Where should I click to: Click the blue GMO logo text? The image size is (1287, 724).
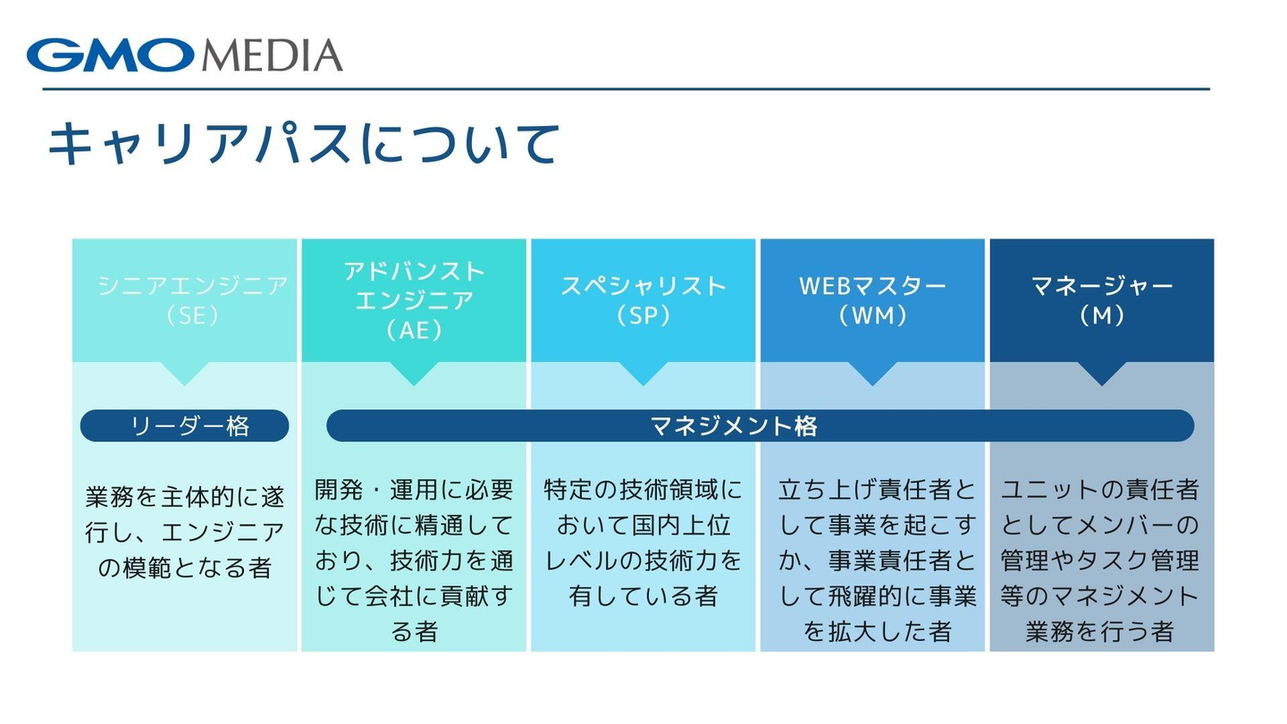[x=110, y=55]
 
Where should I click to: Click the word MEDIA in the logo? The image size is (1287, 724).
[x=272, y=55]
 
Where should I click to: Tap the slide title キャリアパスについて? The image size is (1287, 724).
[x=303, y=144]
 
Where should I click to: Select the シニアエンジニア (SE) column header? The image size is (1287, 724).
[x=192, y=300]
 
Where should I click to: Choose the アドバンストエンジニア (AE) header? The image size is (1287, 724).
[x=414, y=300]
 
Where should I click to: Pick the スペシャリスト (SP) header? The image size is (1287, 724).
[x=643, y=300]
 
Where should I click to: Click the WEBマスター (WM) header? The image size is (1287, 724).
[x=872, y=300]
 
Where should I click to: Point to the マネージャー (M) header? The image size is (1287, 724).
[x=1101, y=300]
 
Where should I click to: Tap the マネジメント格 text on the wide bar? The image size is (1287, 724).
[x=734, y=425]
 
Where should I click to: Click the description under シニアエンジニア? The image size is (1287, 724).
[x=184, y=532]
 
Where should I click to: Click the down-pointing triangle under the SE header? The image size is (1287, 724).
[x=185, y=373]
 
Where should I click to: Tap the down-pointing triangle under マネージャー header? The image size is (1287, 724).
[x=1101, y=373]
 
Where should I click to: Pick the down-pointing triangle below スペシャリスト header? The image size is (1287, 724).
[x=643, y=373]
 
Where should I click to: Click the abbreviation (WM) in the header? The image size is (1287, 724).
[x=872, y=316]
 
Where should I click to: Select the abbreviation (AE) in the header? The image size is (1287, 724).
[x=414, y=330]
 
